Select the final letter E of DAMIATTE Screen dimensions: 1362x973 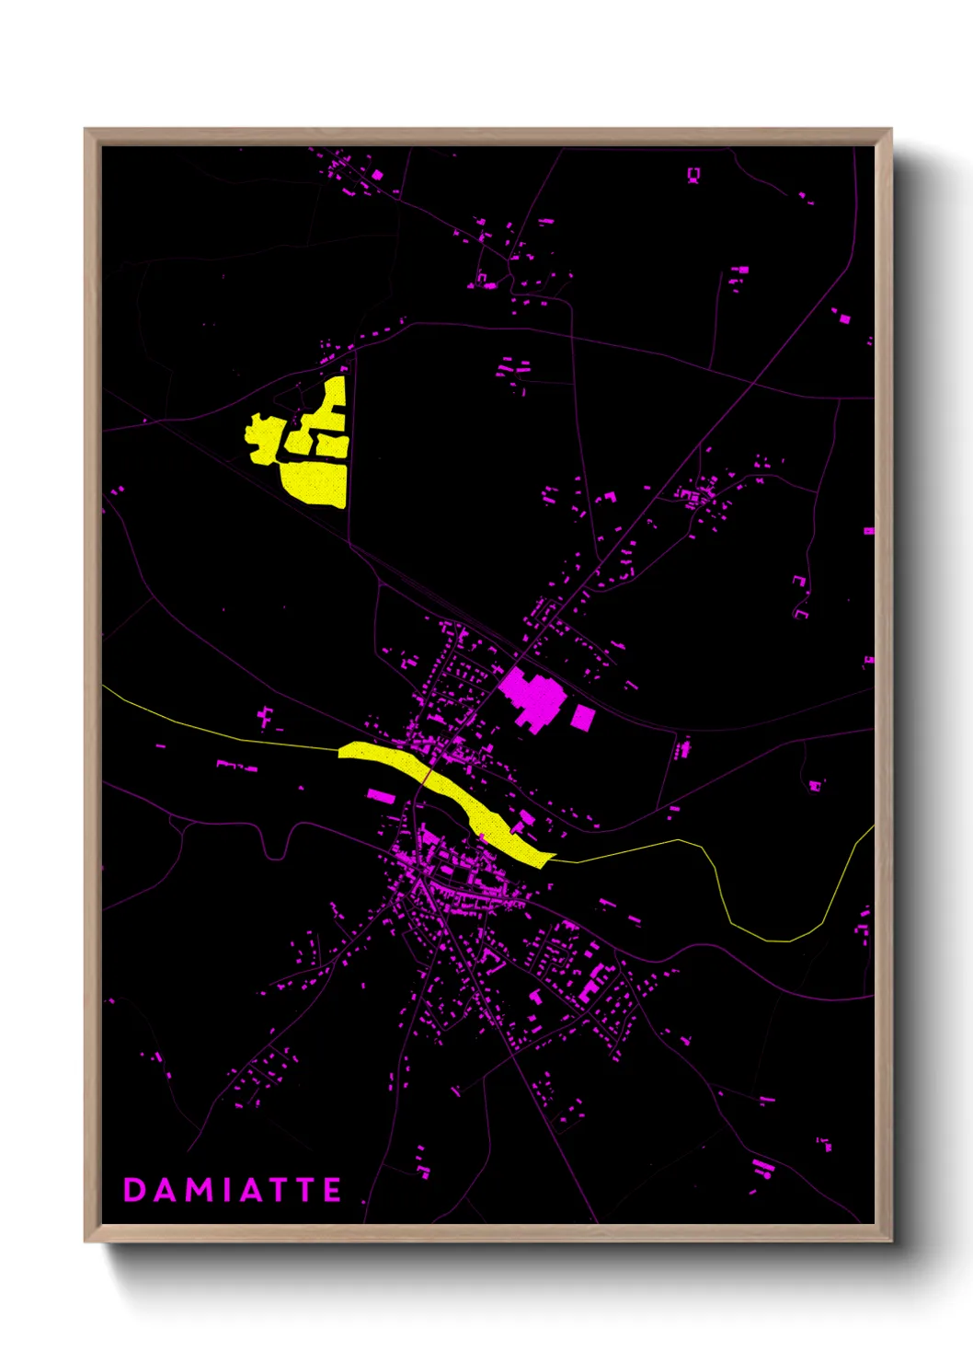(x=332, y=1190)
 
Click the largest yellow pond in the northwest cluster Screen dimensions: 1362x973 (x=315, y=481)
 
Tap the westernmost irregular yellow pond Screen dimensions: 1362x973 (x=264, y=435)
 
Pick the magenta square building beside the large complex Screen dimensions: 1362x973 (x=582, y=717)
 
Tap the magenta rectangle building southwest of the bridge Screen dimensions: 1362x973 (x=380, y=795)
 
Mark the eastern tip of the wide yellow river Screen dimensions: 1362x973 (x=553, y=858)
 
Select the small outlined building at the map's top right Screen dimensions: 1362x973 (x=694, y=174)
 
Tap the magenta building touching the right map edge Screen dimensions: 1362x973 (x=868, y=531)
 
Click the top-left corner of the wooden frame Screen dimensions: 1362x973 (x=86, y=130)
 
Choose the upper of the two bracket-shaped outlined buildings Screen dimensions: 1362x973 (x=798, y=581)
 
